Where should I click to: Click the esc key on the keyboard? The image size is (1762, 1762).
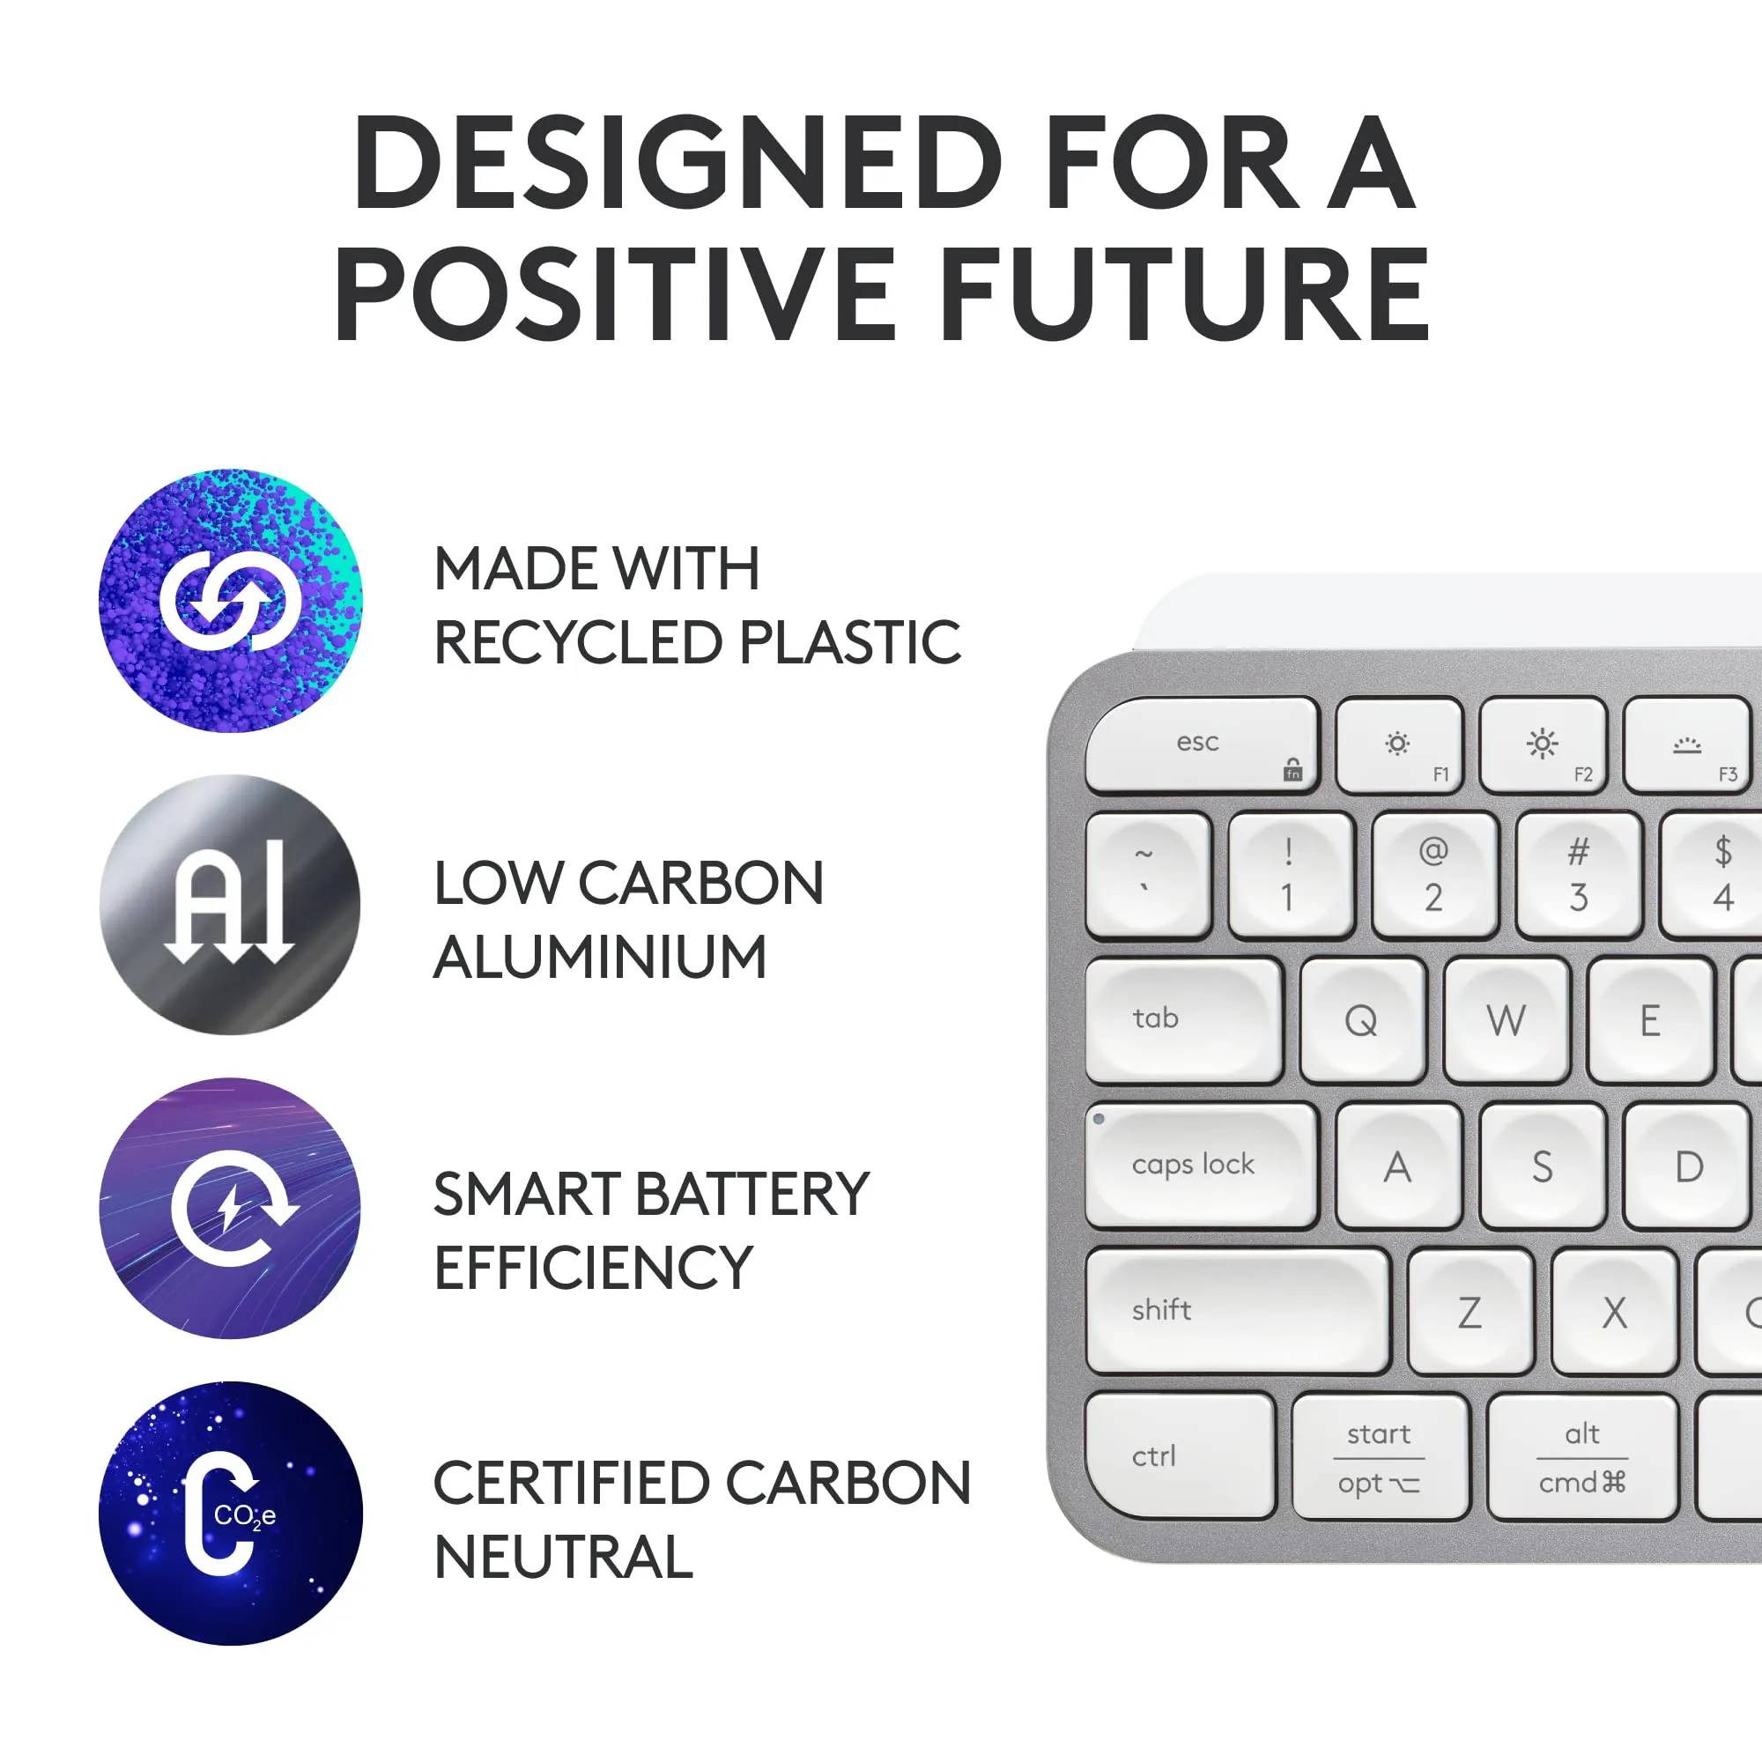pyautogui.click(x=1202, y=745)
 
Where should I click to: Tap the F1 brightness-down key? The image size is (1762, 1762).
pyautogui.click(x=1399, y=745)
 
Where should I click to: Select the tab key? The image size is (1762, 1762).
pyautogui.click(x=1184, y=1020)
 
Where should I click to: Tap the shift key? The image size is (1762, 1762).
pyautogui.click(x=1238, y=1312)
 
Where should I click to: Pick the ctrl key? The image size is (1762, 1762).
pyautogui.click(x=1181, y=1456)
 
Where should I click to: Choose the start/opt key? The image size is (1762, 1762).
pyautogui.click(x=1381, y=1456)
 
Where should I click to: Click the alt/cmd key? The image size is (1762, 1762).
pyautogui.click(x=1582, y=1456)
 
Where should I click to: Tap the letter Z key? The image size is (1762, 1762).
pyautogui.click(x=1470, y=1312)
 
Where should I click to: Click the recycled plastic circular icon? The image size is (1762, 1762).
pyautogui.click(x=231, y=601)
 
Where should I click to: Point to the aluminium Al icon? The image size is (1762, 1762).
pyautogui.click(x=230, y=905)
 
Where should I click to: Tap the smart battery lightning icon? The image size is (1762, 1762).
pyautogui.click(x=230, y=1209)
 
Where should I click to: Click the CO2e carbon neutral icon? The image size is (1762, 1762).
pyautogui.click(x=231, y=1514)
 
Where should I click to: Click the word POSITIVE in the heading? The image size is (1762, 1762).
pyautogui.click(x=617, y=293)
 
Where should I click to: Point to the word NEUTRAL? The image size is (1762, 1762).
pyautogui.click(x=564, y=1557)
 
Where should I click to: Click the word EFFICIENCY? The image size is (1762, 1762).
pyautogui.click(x=594, y=1268)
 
